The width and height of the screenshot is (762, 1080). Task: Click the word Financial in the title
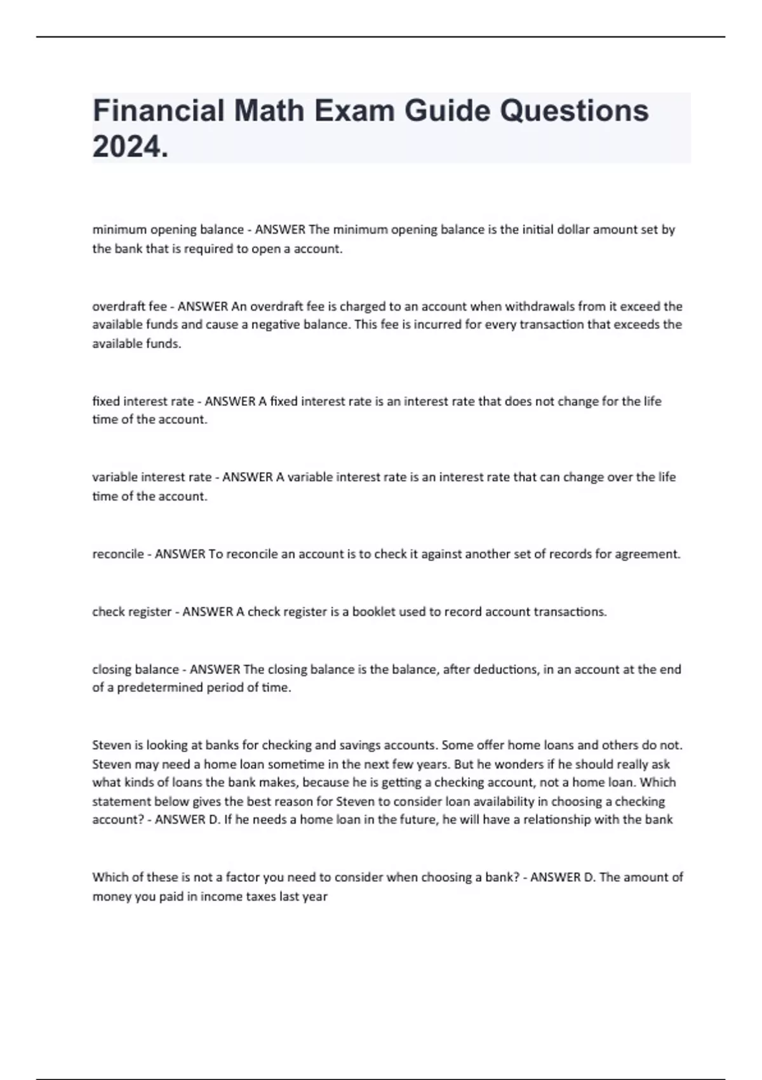coord(159,111)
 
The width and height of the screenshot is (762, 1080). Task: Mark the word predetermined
coord(159,687)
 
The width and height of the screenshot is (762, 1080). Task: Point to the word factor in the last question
coord(244,877)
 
